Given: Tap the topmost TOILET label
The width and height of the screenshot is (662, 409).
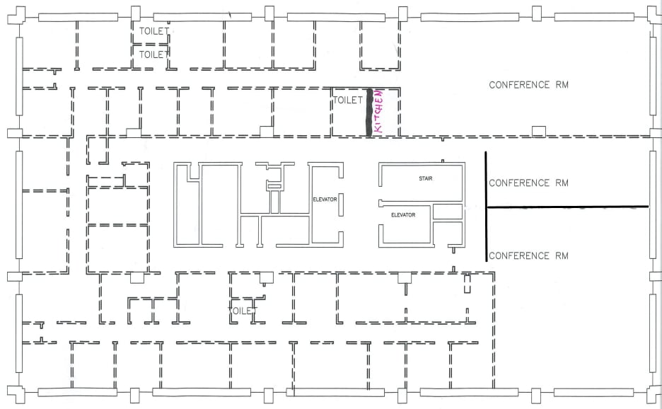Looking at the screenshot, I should pyautogui.click(x=153, y=31).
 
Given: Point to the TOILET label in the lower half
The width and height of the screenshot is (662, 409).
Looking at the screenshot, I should pyautogui.click(x=243, y=311).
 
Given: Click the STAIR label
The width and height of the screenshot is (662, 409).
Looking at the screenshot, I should pyautogui.click(x=426, y=178).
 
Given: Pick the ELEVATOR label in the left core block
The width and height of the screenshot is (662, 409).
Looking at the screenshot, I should pyautogui.click(x=325, y=200).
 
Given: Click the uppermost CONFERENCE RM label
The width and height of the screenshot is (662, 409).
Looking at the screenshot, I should pyautogui.click(x=529, y=85).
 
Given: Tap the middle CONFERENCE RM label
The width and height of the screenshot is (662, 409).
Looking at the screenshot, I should pyautogui.click(x=529, y=183).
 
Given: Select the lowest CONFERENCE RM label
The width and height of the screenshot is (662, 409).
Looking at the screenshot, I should pyautogui.click(x=529, y=255).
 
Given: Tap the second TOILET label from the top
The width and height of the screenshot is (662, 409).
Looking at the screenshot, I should pyautogui.click(x=153, y=54).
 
